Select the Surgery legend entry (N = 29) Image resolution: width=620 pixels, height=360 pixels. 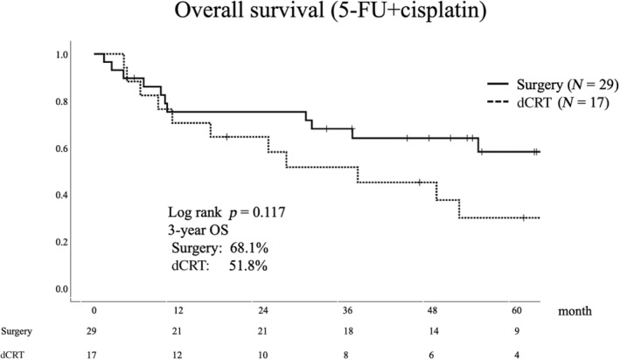[x=553, y=84]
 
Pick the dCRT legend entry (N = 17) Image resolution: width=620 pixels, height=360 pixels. [x=548, y=102]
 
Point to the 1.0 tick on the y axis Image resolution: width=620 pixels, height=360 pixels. [x=62, y=54]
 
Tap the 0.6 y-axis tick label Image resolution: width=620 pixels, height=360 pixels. [x=62, y=149]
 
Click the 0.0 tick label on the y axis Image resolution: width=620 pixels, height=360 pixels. [x=62, y=289]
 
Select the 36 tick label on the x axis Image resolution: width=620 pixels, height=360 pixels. [x=348, y=310]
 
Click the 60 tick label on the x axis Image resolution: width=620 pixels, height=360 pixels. [x=517, y=310]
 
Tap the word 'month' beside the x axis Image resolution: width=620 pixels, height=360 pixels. [x=575, y=311]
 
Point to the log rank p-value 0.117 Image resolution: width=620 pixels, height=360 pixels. [x=268, y=212]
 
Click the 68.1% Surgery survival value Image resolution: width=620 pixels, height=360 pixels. [x=249, y=248]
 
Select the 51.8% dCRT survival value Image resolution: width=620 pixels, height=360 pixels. [x=248, y=266]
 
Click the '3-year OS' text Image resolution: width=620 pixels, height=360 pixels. [x=199, y=230]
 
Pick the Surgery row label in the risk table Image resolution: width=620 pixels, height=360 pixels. [x=17, y=331]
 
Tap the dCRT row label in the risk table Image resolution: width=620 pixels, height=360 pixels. [x=12, y=355]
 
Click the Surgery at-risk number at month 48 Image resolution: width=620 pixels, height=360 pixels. [x=434, y=331]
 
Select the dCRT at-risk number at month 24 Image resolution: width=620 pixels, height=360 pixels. [x=262, y=355]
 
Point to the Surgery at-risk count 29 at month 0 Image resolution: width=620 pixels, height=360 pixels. [x=92, y=331]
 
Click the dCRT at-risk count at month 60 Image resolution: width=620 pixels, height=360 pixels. [x=517, y=355]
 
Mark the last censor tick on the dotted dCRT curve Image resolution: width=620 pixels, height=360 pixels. [x=524, y=218]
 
